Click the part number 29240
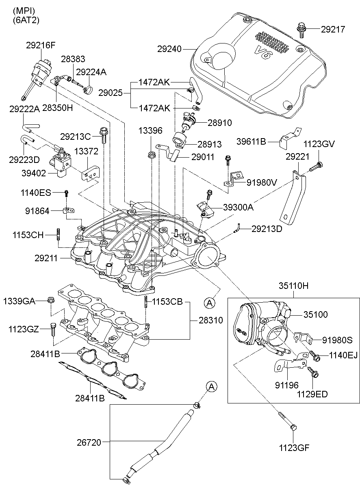[169, 49]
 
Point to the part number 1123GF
[294, 448]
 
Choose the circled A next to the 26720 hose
[211, 387]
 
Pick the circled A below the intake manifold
[209, 303]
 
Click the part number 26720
[89, 442]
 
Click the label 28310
[210, 320]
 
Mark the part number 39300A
[238, 207]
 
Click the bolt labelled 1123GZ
[52, 329]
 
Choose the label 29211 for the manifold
[46, 258]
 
